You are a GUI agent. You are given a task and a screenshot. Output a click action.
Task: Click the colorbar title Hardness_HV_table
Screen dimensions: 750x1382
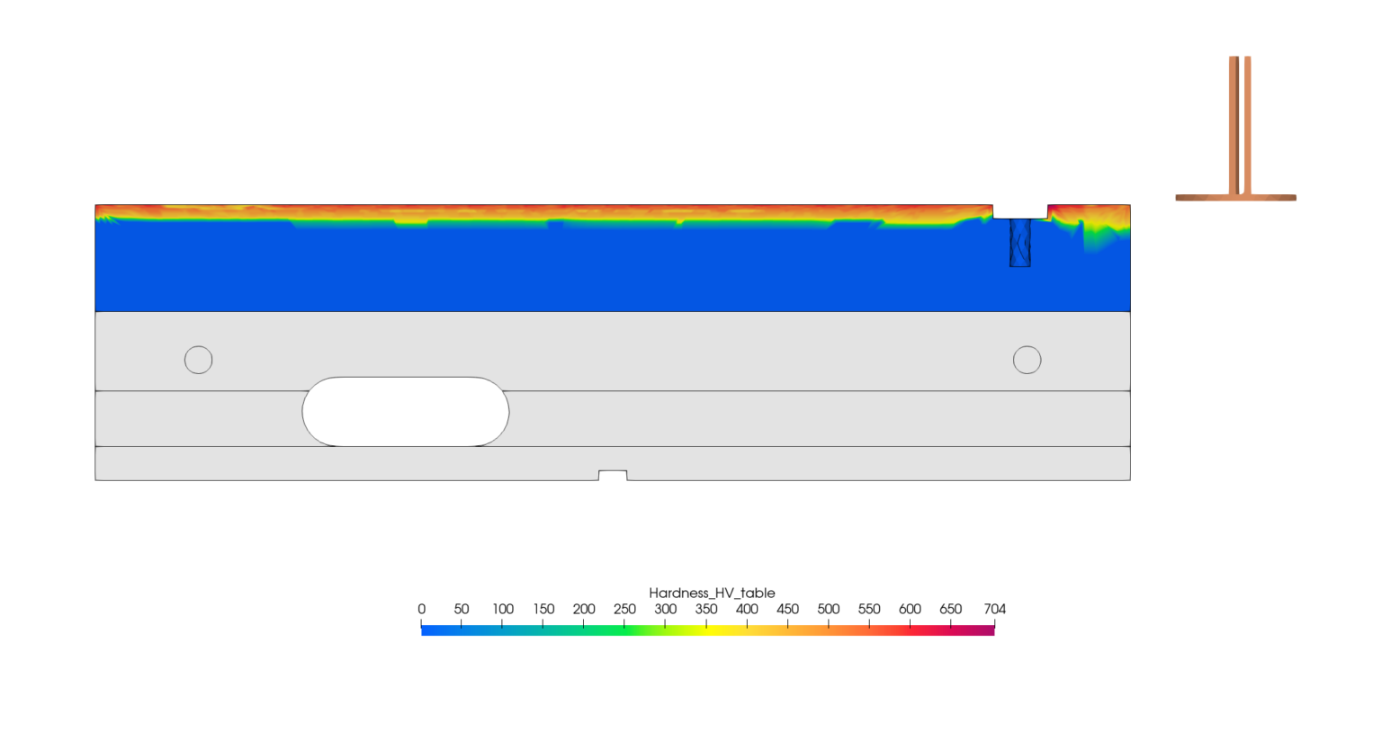712,593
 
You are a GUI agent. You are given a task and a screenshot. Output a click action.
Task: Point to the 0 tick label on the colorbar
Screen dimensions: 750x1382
421,609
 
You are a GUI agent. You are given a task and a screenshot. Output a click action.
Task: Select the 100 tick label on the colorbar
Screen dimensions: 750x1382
503,609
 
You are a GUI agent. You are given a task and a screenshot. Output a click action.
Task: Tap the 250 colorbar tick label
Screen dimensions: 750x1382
624,609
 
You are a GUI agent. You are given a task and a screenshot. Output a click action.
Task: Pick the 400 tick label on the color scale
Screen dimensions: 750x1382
747,609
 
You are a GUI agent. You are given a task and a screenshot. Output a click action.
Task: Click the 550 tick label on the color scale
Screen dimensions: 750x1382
869,609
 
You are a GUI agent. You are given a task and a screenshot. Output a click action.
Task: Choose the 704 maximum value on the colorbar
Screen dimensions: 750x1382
994,609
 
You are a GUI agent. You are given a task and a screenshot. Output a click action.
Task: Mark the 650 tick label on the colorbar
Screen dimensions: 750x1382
951,609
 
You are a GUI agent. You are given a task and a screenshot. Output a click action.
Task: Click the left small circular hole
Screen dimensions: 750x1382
198,360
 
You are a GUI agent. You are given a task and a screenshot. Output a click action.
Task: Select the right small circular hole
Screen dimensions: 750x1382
1027,360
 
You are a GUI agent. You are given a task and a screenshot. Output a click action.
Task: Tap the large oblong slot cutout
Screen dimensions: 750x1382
406,411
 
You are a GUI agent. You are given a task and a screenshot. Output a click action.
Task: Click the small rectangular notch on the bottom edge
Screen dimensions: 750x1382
613,475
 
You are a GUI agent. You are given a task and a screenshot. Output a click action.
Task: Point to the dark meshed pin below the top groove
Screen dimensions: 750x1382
1019,243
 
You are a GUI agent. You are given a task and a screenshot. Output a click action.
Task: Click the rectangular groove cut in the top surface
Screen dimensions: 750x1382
1020,211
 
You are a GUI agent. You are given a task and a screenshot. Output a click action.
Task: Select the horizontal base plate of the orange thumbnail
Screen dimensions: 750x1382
1235,198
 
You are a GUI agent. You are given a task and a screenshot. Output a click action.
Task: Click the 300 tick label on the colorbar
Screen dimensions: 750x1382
665,609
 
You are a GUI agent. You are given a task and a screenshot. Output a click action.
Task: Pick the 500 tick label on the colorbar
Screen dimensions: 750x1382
829,609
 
